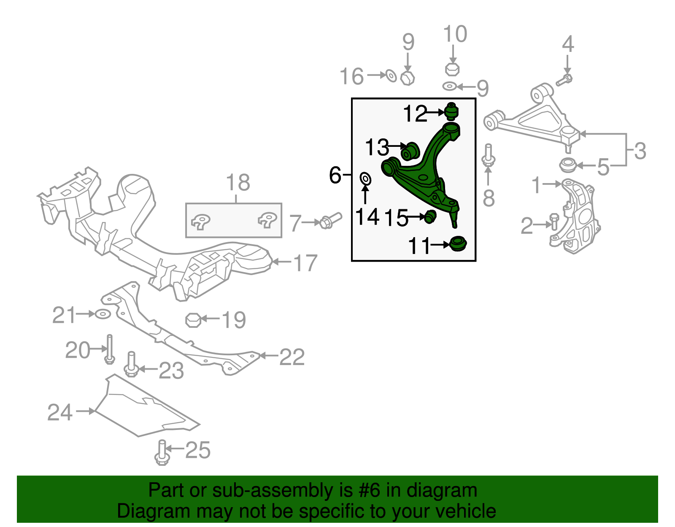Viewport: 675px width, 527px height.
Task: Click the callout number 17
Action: (x=306, y=263)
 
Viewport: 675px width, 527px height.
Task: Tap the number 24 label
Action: (x=60, y=412)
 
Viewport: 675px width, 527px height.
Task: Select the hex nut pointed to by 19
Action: (x=193, y=320)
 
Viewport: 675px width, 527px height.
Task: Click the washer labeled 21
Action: (x=103, y=314)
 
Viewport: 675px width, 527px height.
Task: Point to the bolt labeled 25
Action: (x=162, y=452)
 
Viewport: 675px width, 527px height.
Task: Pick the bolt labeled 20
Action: (x=109, y=349)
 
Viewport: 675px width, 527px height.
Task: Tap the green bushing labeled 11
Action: (x=458, y=244)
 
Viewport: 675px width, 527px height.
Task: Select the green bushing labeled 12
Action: (x=451, y=111)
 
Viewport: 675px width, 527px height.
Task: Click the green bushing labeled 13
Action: (x=410, y=151)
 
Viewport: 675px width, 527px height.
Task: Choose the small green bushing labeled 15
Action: (x=430, y=216)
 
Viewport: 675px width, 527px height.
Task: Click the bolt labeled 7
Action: (x=330, y=221)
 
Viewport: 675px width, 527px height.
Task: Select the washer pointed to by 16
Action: (x=391, y=76)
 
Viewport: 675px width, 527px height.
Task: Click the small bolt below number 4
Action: (x=564, y=80)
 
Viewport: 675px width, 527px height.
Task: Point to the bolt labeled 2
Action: (x=554, y=222)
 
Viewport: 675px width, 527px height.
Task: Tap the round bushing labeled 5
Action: (x=568, y=165)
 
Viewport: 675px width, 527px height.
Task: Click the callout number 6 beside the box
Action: (x=335, y=175)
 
